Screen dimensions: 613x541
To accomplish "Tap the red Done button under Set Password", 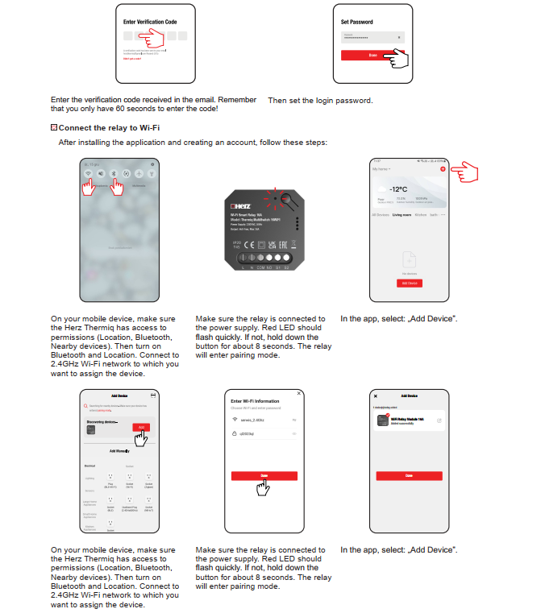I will [x=372, y=55].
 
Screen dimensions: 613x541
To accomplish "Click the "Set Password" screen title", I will [x=356, y=22].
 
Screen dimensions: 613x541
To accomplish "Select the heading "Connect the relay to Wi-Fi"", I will [x=109, y=127].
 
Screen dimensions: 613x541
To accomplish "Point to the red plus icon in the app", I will [x=443, y=169].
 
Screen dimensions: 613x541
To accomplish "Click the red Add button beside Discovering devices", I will [x=141, y=427].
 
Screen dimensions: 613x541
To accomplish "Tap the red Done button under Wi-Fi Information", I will [x=264, y=476].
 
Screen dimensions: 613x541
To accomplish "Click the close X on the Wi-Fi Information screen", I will [x=300, y=393].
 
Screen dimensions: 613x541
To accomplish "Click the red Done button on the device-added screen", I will [x=409, y=476].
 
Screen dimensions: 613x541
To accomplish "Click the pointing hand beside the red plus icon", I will [x=466, y=172].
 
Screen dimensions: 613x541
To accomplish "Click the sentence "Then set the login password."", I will [x=320, y=101].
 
